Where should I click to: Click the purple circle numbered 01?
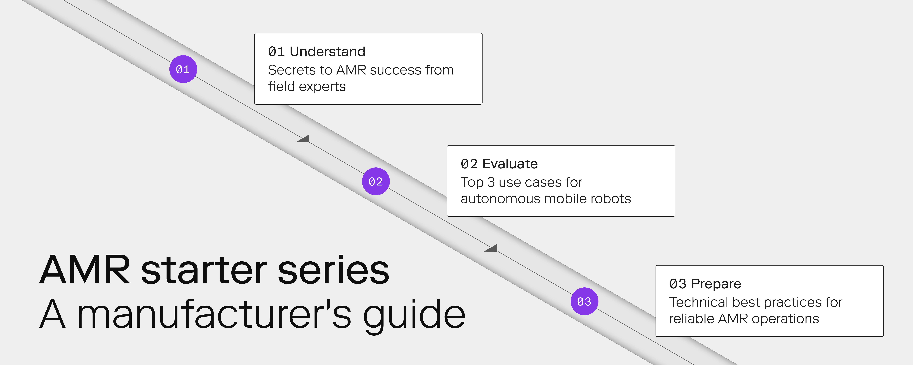183,69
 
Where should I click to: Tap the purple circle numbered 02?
375,181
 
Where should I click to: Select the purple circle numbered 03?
584,301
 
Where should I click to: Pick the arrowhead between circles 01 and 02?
303,139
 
